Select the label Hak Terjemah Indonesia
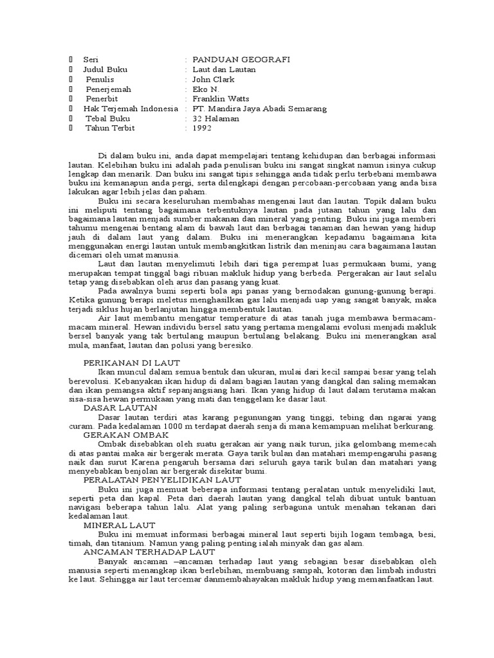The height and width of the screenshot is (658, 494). point(131,109)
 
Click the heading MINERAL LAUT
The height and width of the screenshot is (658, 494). point(114,524)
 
